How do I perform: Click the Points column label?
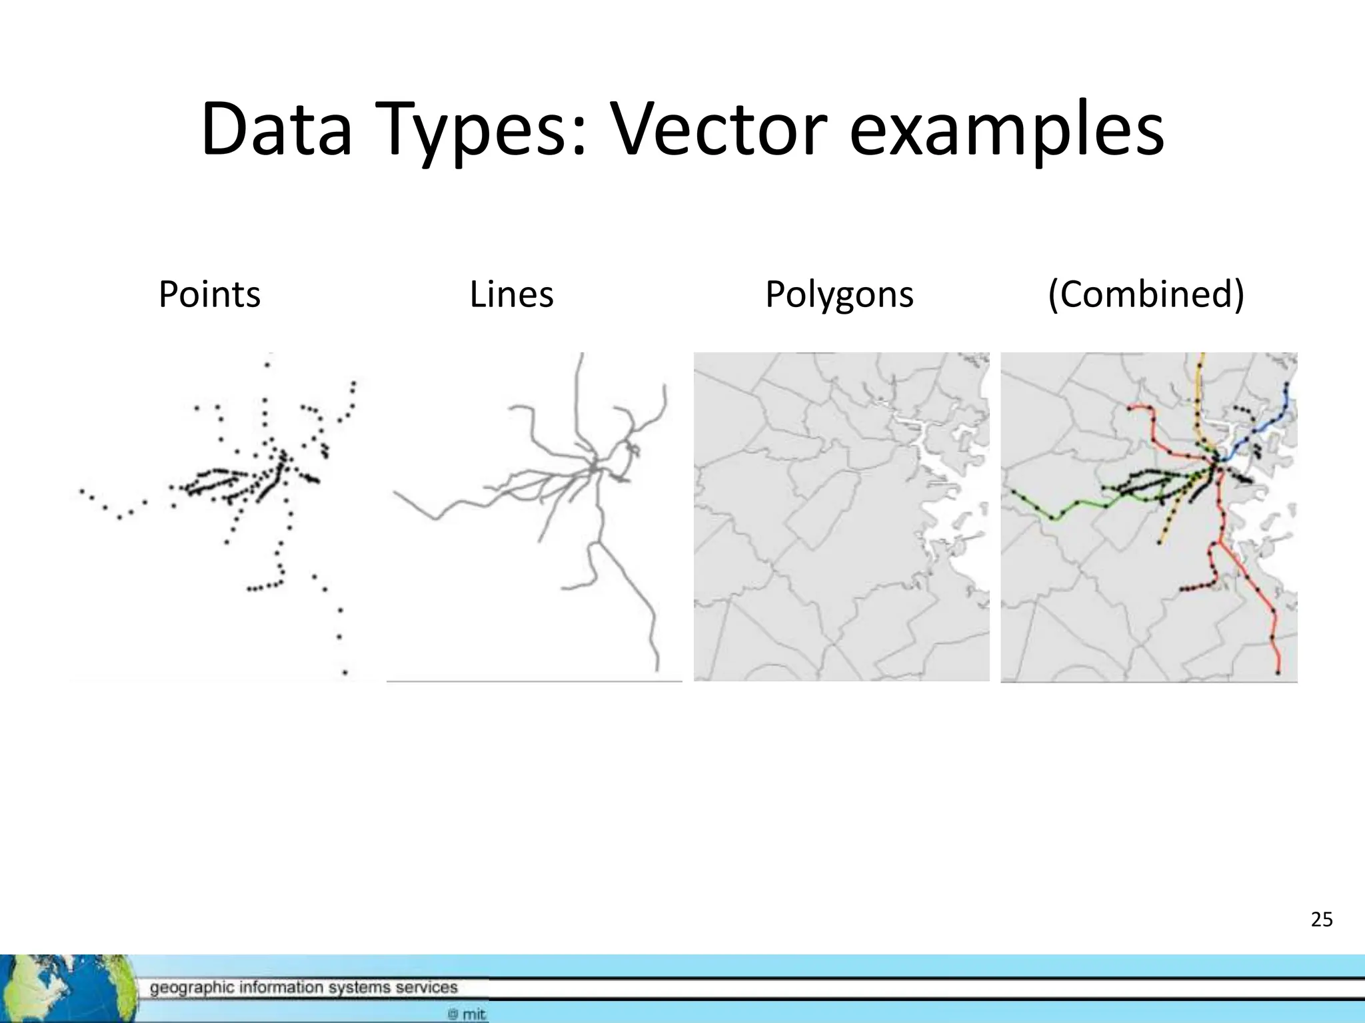pos(209,294)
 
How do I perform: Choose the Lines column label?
pos(511,294)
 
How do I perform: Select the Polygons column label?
pos(839,294)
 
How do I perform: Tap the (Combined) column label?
pos(1146,294)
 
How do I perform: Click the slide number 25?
pos(1321,920)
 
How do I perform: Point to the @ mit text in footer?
pos(467,1014)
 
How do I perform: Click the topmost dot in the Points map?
pos(267,364)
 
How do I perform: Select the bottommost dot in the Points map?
pos(345,673)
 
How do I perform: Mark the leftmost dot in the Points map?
pos(82,492)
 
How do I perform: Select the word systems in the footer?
pos(359,988)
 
